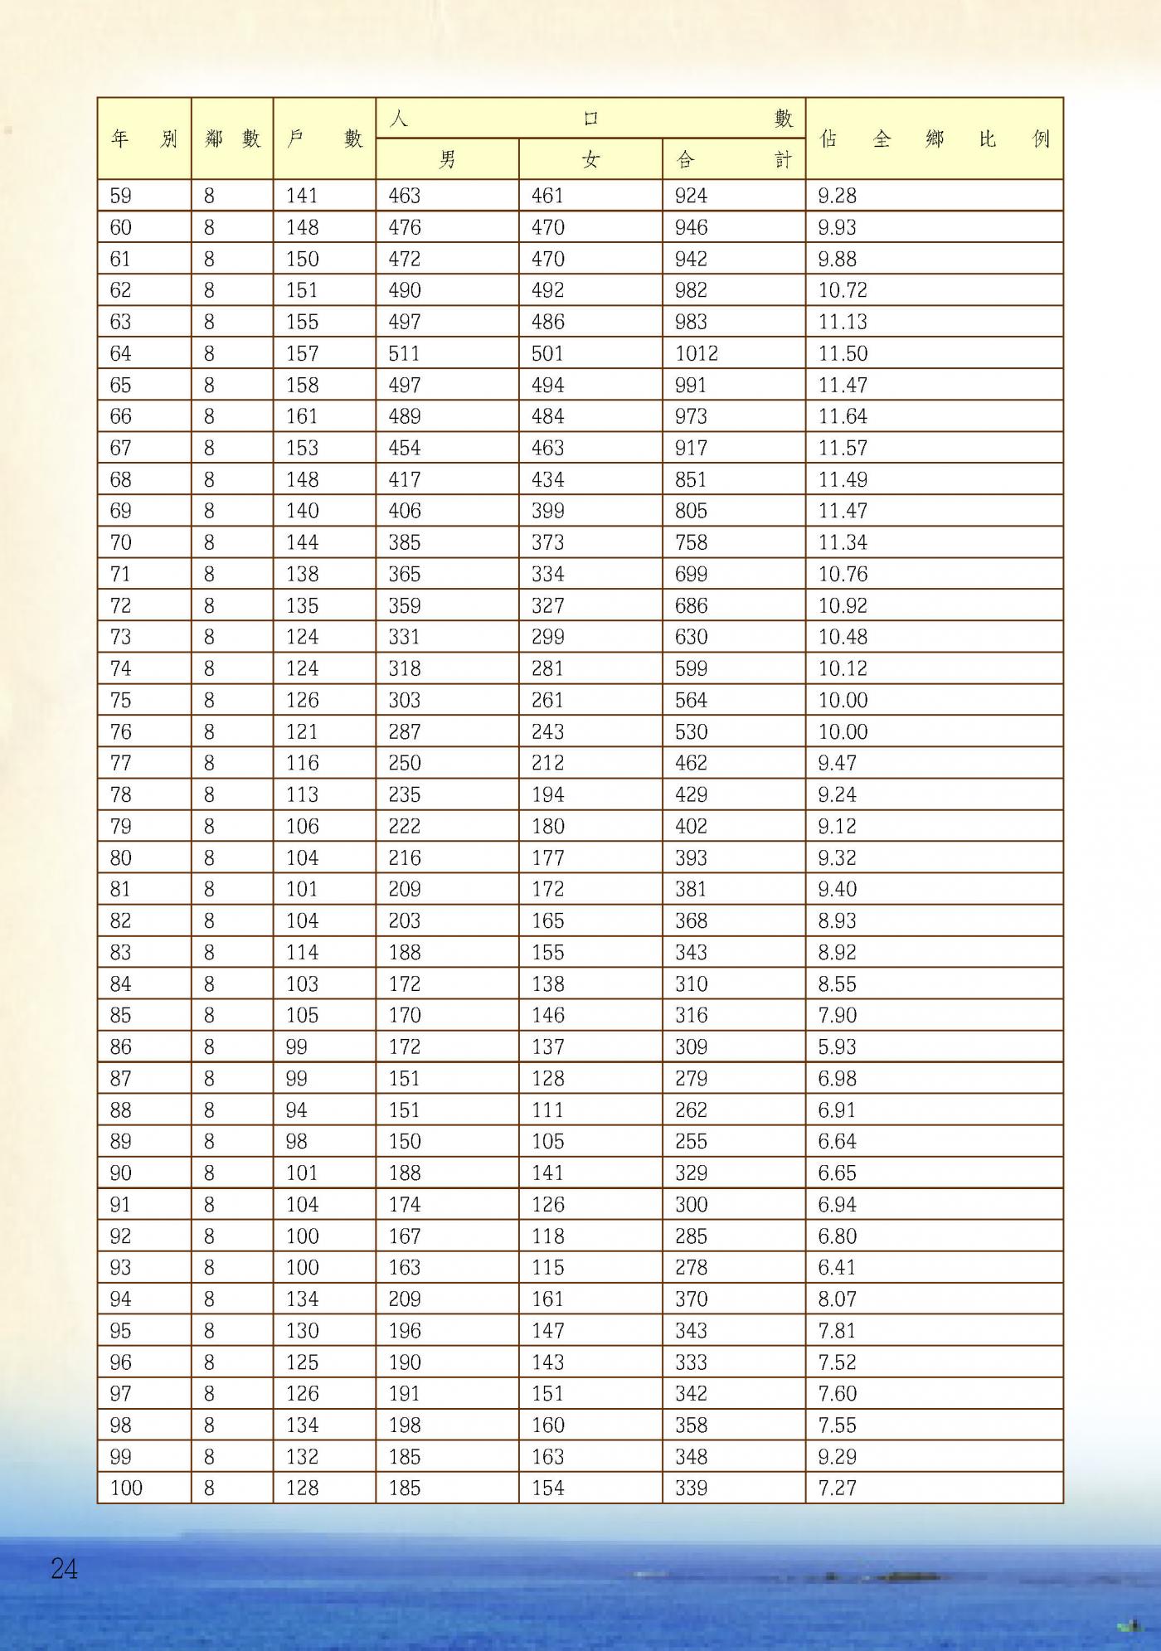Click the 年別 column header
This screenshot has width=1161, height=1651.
[x=143, y=138]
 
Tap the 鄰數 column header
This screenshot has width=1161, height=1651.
[x=232, y=138]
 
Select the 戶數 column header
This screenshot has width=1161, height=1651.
[x=324, y=138]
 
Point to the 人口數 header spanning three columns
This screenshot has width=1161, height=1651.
[x=590, y=119]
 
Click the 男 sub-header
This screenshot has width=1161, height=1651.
[x=447, y=159]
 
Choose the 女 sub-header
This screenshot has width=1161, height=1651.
[x=590, y=159]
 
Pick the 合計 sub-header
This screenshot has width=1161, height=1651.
[x=734, y=159]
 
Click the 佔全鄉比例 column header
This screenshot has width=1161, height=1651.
[x=934, y=138]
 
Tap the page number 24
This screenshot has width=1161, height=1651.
[x=64, y=1568]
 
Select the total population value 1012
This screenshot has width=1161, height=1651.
[x=696, y=353]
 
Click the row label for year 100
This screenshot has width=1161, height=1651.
[x=126, y=1488]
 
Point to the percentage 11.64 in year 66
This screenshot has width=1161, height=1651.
[x=843, y=416]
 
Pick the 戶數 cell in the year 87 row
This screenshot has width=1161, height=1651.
[x=297, y=1078]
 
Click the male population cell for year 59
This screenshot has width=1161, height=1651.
[x=405, y=196]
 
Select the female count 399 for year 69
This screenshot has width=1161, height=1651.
[x=548, y=511]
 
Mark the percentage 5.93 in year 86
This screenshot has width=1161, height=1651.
[x=837, y=1046]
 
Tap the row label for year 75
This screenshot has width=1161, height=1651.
[x=120, y=700]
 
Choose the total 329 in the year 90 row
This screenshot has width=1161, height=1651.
[x=691, y=1173]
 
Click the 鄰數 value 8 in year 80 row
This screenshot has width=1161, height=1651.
[x=209, y=857]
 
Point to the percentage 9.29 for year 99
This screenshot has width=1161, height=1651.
[x=837, y=1456]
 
